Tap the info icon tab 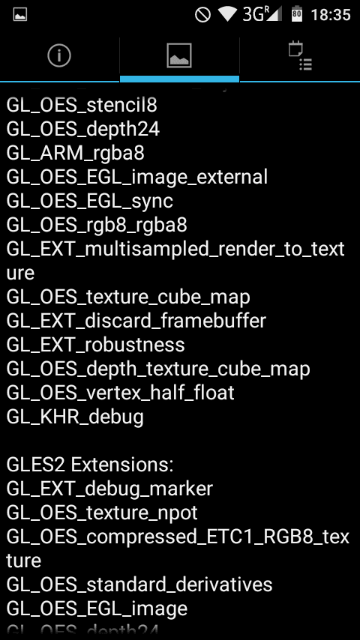59,55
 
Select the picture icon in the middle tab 179,56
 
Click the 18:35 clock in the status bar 331,15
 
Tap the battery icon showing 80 297,14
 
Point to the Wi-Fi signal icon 228,15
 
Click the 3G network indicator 262,14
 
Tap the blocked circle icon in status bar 202,15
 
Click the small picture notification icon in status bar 20,15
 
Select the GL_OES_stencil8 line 82,106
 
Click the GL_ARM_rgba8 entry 76,154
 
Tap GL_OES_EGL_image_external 137,177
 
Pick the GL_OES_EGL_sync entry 90,202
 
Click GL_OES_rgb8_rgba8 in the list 97,225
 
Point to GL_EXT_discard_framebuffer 136,321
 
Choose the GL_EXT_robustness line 95,345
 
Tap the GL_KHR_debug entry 75,417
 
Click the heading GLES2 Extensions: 90,465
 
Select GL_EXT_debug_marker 110,489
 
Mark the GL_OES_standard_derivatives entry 139,585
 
